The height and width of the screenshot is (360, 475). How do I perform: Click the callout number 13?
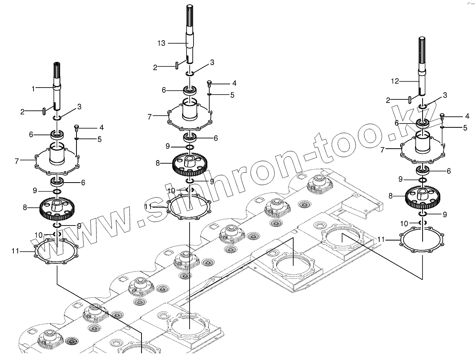coord(161,43)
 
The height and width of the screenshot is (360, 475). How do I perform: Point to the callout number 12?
coord(395,81)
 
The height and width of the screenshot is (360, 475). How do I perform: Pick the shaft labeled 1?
coord(56,87)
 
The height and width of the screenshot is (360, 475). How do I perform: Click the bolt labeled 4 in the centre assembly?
coord(209,83)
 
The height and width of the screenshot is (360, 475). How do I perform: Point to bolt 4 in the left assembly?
coord(76,127)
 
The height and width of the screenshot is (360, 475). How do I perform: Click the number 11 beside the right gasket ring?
coord(381,239)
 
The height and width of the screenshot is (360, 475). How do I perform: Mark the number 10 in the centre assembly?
coord(171,190)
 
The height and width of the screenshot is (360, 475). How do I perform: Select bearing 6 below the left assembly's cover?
coord(58,182)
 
